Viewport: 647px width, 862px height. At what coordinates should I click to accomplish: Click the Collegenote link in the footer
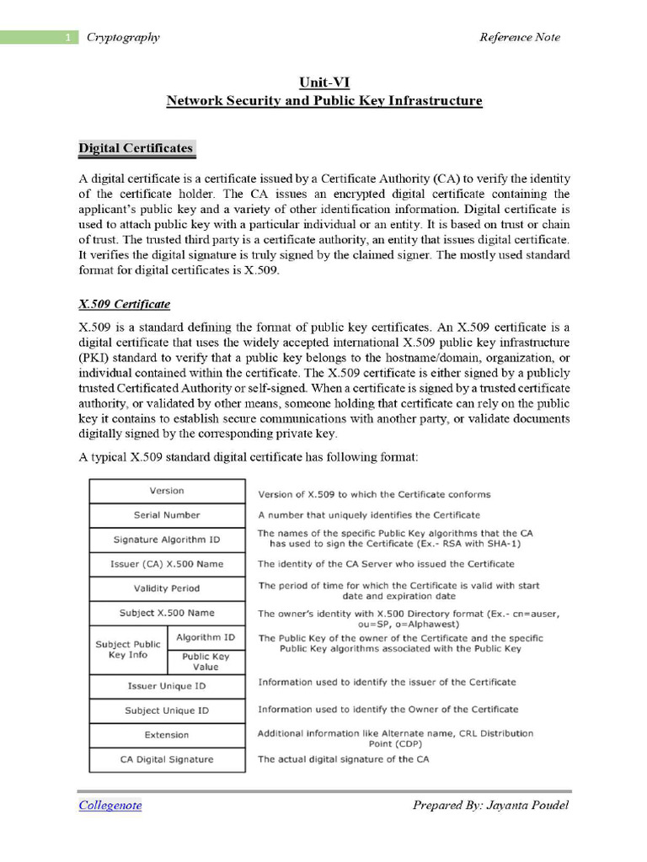coord(110,806)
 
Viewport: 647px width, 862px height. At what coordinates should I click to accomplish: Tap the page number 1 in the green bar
coord(67,37)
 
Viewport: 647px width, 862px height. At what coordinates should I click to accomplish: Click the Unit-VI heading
coord(324,82)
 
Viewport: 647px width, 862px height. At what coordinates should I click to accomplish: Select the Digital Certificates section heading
coord(136,149)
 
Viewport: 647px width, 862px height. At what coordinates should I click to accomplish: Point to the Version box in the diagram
coord(167,491)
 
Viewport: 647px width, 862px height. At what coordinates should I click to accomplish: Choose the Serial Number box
coord(167,515)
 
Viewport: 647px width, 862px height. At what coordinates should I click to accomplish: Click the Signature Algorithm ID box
coord(167,540)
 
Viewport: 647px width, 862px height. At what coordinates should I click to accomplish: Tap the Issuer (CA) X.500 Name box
coord(167,564)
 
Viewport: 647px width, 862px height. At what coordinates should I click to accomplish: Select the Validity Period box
coord(167,588)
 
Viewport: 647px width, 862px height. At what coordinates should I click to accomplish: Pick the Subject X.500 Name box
coord(167,613)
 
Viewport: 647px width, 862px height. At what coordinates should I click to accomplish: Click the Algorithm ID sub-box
coord(206,637)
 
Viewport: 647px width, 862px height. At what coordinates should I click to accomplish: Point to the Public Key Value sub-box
coord(206,662)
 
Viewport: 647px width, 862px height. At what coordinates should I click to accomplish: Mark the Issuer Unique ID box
coord(167,686)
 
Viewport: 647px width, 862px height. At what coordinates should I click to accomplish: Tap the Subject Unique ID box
coord(167,710)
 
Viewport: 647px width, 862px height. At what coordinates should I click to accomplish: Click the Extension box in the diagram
coord(167,735)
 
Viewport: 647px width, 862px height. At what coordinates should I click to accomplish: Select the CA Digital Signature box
coord(167,759)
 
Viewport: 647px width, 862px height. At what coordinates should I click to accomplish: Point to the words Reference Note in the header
coord(519,37)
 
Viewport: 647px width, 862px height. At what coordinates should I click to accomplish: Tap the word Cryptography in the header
coord(123,37)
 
